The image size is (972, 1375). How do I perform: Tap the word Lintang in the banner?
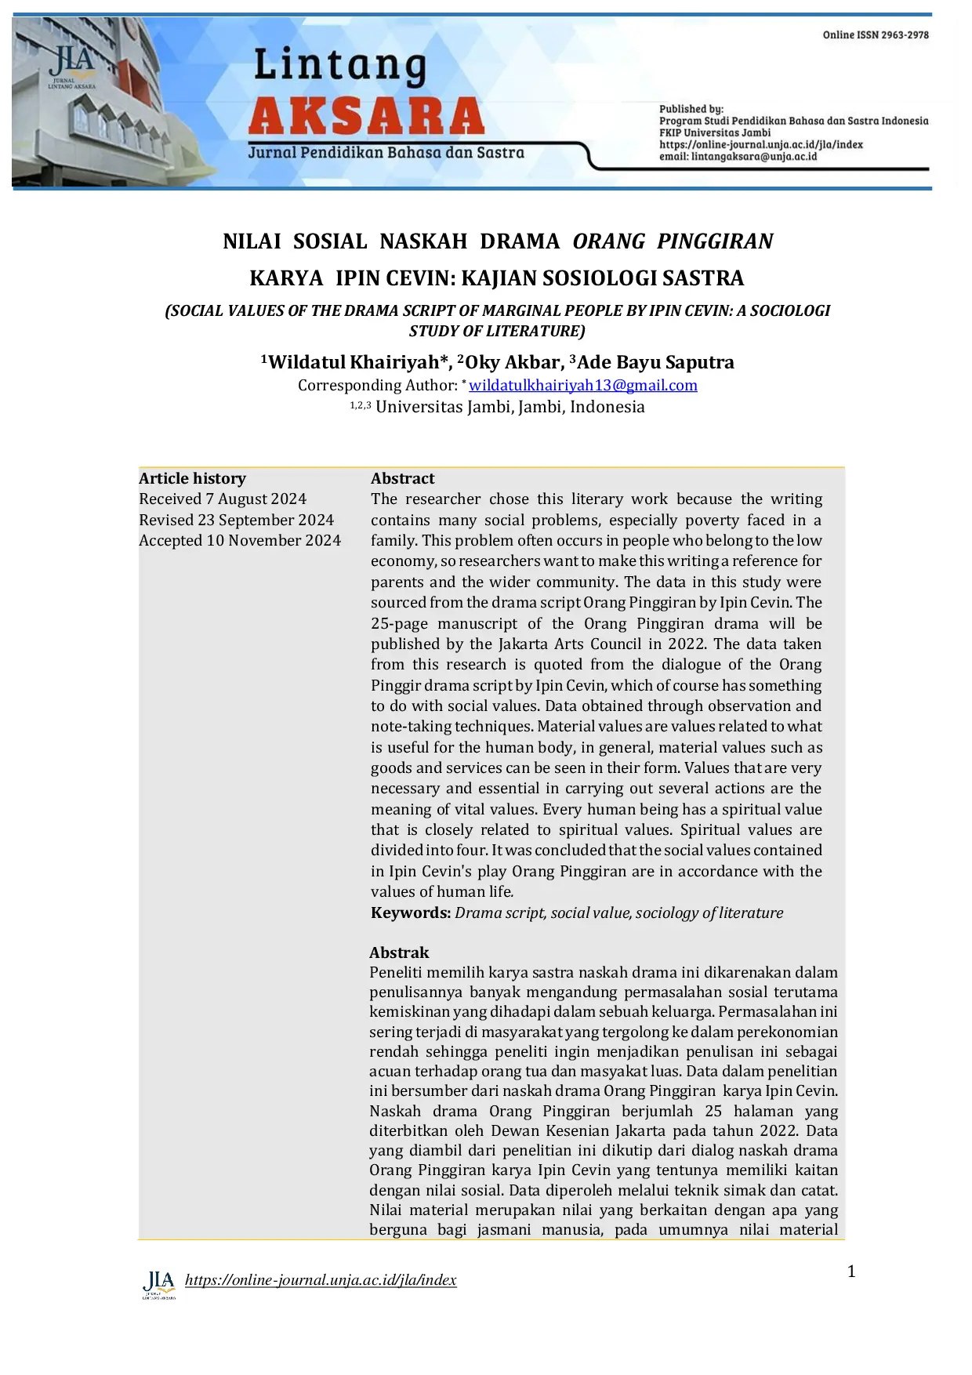[340, 66]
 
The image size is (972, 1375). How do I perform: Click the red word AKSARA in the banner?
[366, 116]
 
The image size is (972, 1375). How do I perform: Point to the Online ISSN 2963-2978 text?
[876, 35]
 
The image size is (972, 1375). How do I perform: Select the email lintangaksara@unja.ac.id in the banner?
[738, 157]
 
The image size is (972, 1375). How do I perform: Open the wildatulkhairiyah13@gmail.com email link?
[582, 385]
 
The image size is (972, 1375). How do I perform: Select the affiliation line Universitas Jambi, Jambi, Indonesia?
[510, 407]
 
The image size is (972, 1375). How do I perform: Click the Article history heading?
[192, 478]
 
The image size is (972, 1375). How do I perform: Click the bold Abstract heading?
[402, 478]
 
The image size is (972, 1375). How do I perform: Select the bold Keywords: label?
[410, 912]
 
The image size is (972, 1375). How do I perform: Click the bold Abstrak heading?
[399, 952]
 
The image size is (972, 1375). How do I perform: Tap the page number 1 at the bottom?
[851, 1272]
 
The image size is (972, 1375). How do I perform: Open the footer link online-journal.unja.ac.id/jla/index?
[320, 1280]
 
